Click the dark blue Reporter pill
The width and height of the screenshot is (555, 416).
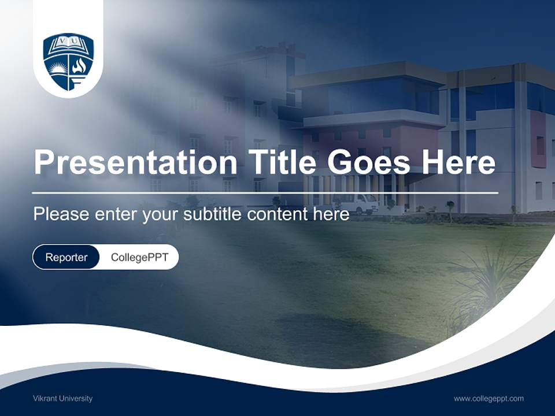(66, 257)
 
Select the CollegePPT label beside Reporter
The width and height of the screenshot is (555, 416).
(139, 257)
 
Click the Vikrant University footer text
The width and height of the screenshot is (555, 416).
(62, 398)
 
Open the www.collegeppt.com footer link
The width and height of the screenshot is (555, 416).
(489, 398)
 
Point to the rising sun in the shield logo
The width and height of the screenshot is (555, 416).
(57, 68)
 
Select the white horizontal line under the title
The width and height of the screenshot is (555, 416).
(265, 192)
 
